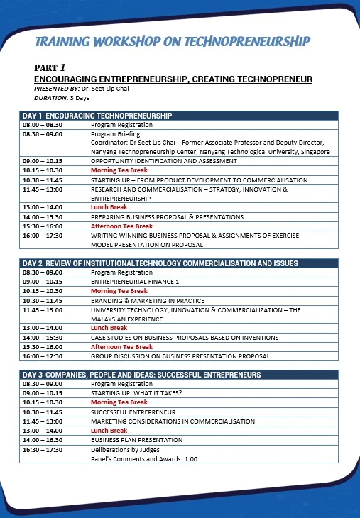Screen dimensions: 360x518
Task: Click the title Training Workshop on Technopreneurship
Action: (173, 41)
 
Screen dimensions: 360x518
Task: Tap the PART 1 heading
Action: (50, 67)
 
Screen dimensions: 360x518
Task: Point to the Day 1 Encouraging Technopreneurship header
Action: (97, 115)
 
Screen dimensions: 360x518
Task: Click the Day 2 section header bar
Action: (160, 263)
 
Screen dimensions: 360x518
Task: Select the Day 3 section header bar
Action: (141, 374)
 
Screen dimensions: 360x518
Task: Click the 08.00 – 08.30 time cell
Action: (43, 124)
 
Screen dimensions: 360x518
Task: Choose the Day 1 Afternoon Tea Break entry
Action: (121, 226)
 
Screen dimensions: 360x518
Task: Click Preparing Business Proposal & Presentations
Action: (167, 217)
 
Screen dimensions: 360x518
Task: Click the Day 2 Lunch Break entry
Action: (109, 328)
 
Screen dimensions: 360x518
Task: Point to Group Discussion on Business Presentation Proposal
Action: (180, 356)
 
